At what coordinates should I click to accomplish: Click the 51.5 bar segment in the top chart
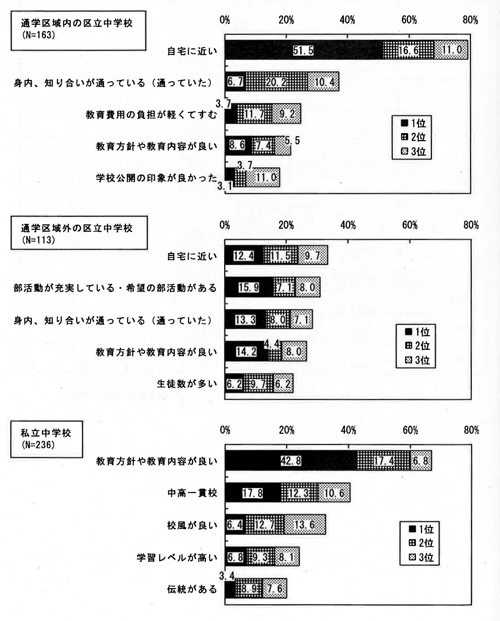pyautogui.click(x=304, y=50)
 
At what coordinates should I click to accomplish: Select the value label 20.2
pyautogui.click(x=276, y=82)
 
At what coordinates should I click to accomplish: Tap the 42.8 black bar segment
pyautogui.click(x=291, y=461)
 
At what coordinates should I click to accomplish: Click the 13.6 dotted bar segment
pyautogui.click(x=305, y=525)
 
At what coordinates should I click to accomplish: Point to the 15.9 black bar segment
pyautogui.click(x=249, y=287)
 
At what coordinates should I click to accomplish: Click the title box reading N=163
pyautogui.click(x=78, y=30)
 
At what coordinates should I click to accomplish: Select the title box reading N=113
pyautogui.click(x=79, y=233)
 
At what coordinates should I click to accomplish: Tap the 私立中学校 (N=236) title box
pyautogui.click(x=47, y=439)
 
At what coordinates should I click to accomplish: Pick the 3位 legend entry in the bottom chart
pyautogui.click(x=421, y=557)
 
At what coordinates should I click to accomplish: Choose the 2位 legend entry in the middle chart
pyautogui.click(x=417, y=346)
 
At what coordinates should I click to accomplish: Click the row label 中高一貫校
pyautogui.click(x=192, y=493)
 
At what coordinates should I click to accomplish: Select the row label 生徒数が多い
pyautogui.click(x=187, y=384)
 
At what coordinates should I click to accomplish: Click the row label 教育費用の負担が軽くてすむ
pyautogui.click(x=151, y=115)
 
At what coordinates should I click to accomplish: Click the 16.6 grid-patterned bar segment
pyautogui.click(x=408, y=50)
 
